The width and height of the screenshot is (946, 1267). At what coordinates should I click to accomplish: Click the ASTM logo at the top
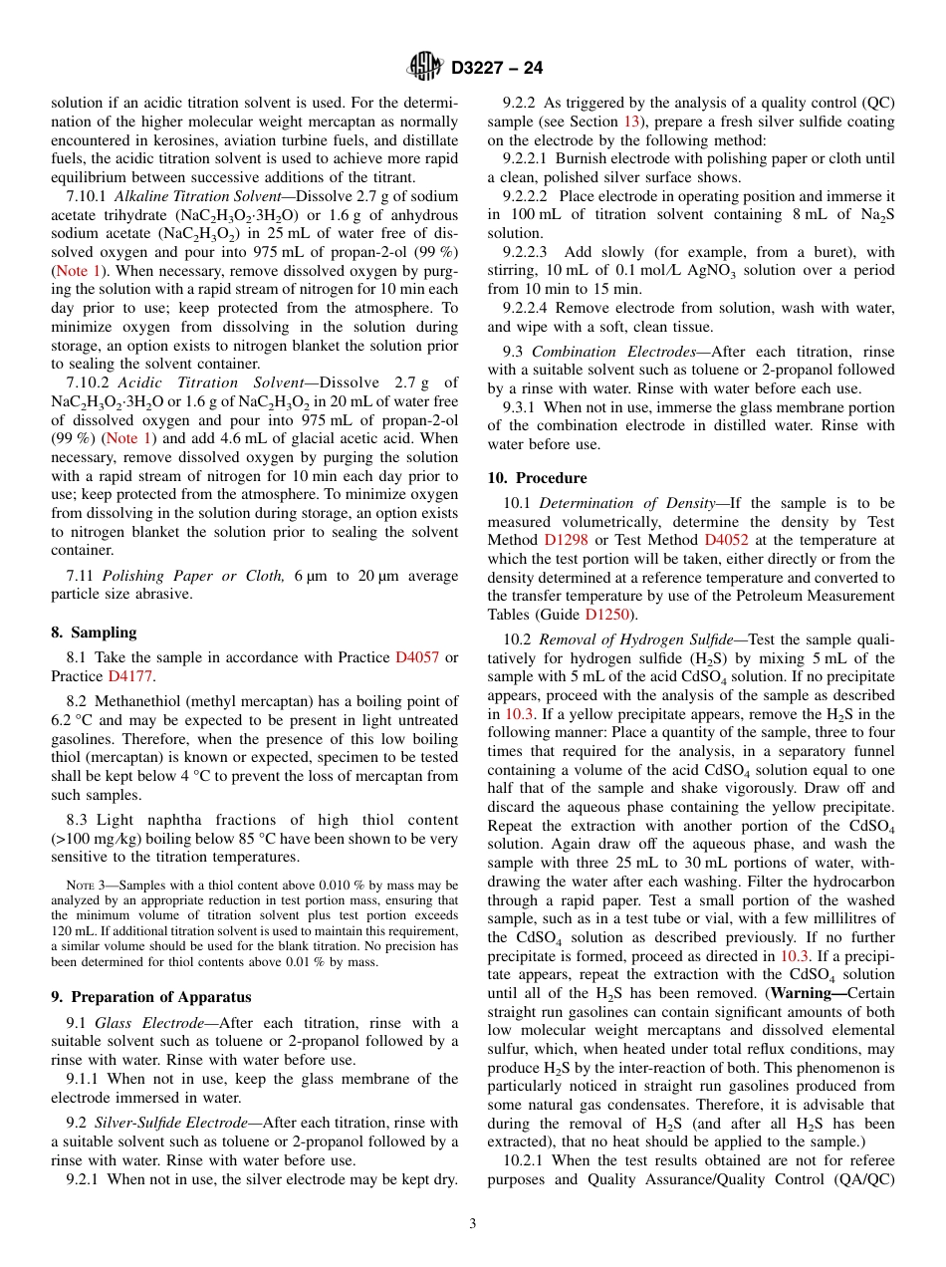[x=425, y=68]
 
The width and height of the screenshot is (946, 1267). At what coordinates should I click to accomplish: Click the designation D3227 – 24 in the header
[x=497, y=69]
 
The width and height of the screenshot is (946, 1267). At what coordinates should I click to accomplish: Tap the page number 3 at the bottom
[x=473, y=1224]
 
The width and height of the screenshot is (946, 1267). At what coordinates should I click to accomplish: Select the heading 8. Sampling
[x=94, y=633]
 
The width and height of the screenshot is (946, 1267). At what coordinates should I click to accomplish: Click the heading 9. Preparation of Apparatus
[x=150, y=997]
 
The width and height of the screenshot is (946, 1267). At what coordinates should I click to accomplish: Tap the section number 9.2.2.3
[x=530, y=252]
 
